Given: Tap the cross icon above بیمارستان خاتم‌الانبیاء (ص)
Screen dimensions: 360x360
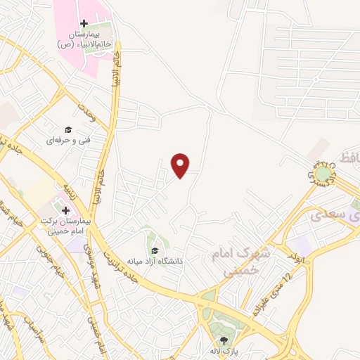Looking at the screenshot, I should point(84,23).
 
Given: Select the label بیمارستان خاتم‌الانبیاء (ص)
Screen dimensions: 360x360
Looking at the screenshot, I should point(84,39).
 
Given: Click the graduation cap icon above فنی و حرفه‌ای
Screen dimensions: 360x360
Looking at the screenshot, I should point(68,129).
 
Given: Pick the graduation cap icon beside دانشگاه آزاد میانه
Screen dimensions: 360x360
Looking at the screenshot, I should point(154,251).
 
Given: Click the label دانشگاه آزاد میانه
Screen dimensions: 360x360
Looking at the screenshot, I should point(155,261).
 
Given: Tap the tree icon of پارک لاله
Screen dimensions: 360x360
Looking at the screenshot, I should point(224,340).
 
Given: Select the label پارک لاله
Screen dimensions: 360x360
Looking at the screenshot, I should point(224,351).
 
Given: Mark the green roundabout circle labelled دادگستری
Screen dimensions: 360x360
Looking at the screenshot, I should point(322,172).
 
